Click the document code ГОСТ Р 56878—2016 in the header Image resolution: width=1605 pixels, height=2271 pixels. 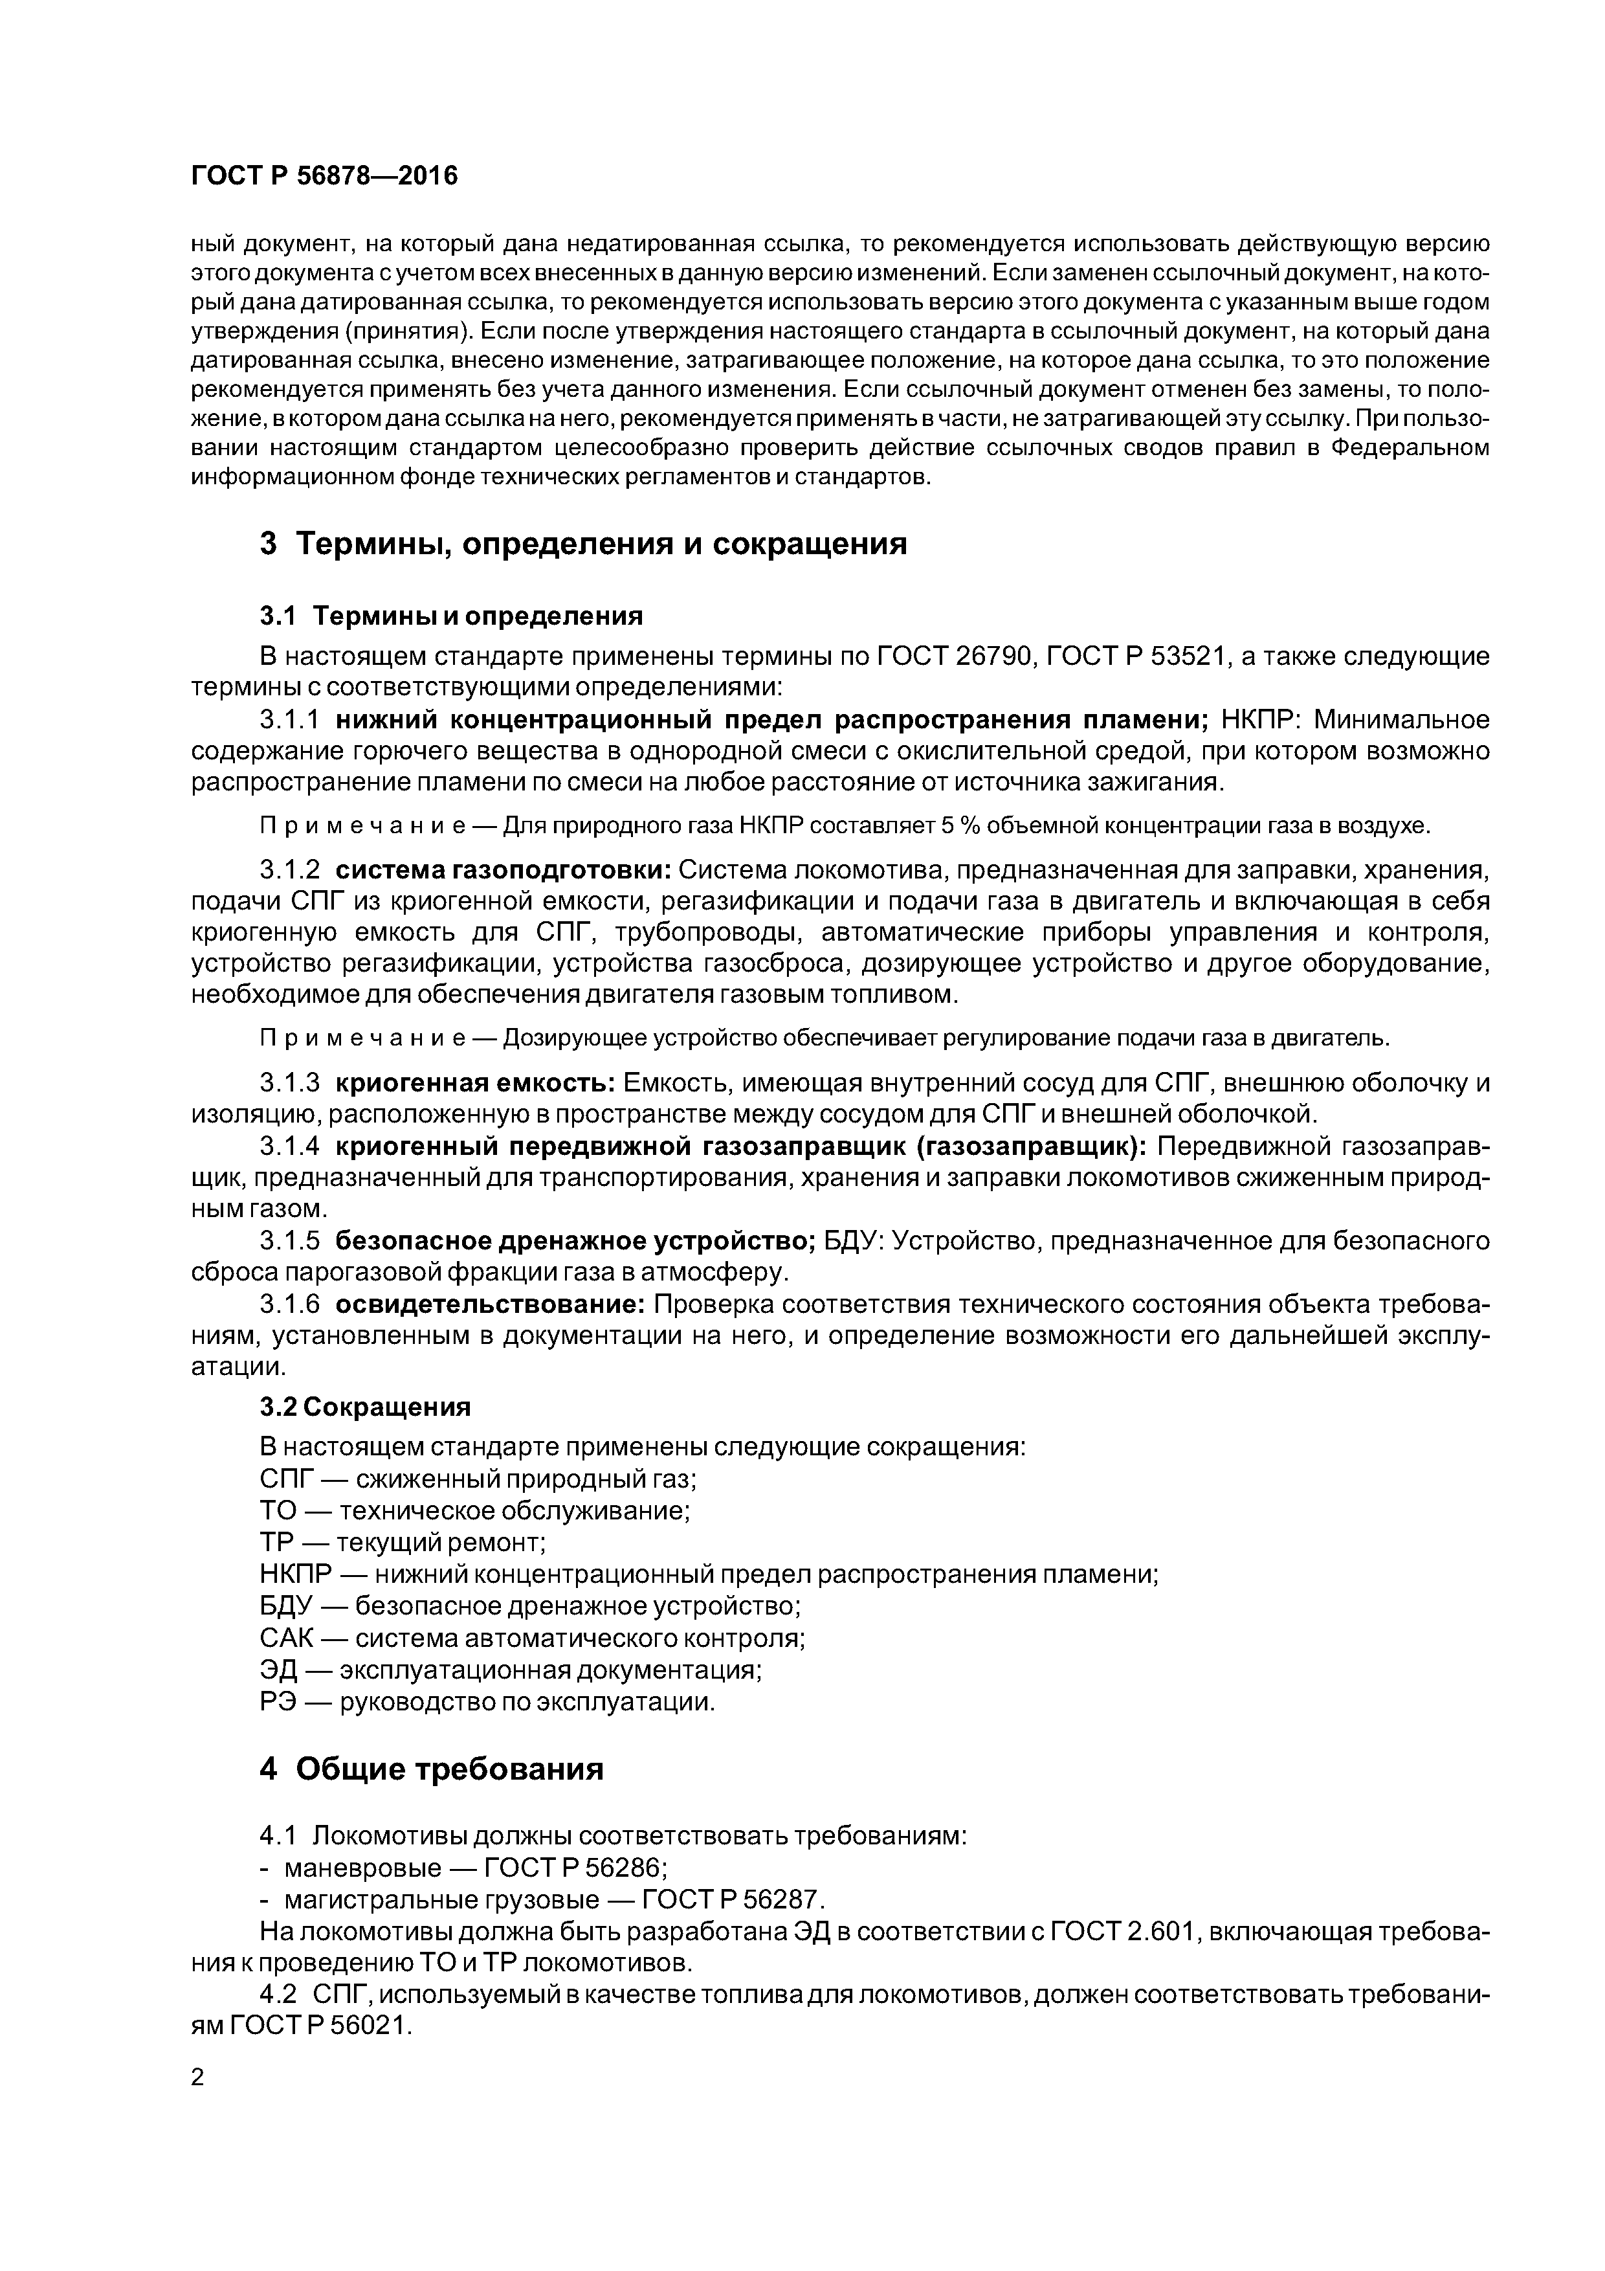(x=324, y=176)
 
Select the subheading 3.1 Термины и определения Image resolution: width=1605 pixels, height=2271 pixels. (x=451, y=616)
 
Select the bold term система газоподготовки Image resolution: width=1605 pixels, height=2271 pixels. (x=504, y=869)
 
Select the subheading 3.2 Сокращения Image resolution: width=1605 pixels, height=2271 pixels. (x=365, y=1407)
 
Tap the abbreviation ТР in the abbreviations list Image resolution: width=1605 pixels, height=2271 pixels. (x=278, y=1542)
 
